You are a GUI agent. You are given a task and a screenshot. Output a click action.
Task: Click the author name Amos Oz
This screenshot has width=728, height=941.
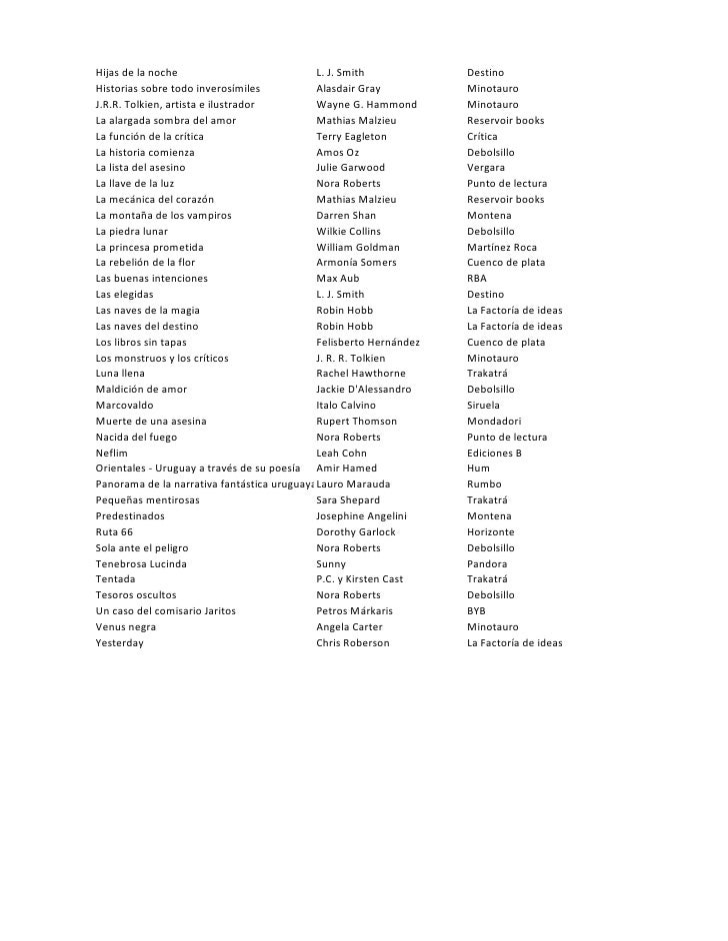tap(332, 152)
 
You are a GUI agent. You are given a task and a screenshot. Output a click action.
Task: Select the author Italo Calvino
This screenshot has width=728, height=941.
tap(345, 406)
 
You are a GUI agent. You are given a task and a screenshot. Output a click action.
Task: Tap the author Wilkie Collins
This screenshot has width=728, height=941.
tap(350, 231)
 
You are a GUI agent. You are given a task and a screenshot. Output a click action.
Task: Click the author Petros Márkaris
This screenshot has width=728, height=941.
tap(354, 611)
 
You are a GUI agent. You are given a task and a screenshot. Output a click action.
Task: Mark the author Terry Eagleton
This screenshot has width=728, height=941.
tap(351, 136)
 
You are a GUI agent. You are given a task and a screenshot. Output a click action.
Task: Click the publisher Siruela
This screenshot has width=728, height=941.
tap(484, 406)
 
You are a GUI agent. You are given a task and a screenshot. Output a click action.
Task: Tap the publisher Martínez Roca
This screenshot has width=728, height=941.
tap(502, 247)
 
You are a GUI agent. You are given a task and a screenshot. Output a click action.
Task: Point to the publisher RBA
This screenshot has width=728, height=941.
tap(477, 279)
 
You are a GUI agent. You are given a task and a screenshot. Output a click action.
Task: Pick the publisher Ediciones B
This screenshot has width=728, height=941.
tap(495, 454)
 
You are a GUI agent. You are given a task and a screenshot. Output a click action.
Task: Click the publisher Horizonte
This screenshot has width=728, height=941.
tap(491, 532)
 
